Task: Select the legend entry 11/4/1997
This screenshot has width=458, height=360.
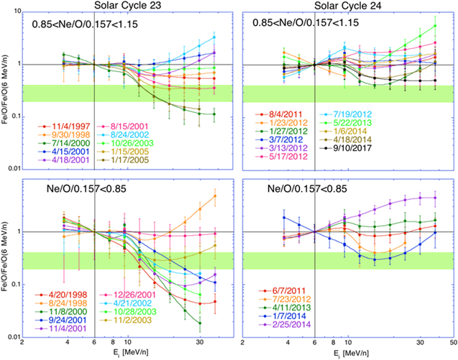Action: point(68,127)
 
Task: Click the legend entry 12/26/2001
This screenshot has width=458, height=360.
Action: point(130,295)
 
